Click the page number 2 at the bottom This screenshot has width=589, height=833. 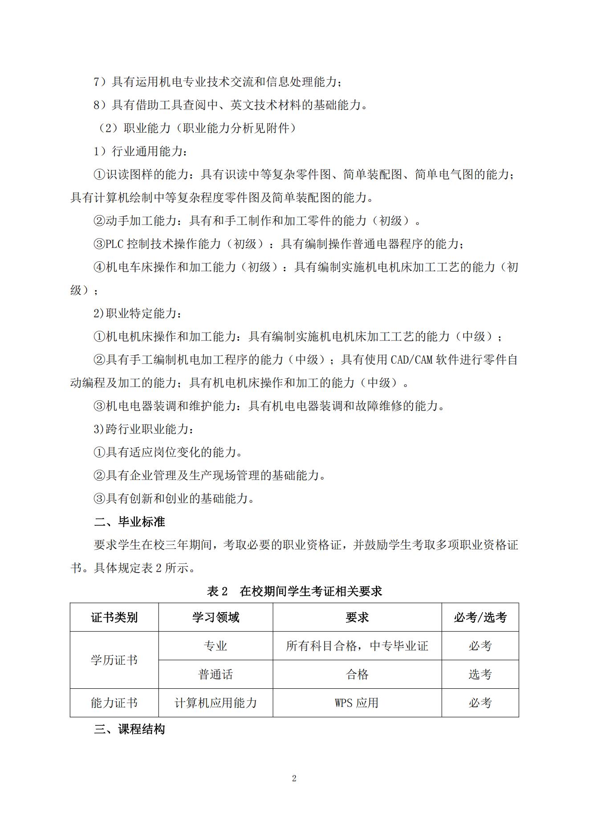click(x=294, y=778)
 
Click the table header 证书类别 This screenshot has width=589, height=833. click(x=114, y=618)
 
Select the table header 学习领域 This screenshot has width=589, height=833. click(x=215, y=618)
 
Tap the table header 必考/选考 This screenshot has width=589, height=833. click(x=480, y=618)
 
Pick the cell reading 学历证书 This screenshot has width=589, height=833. click(x=114, y=660)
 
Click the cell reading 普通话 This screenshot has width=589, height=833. click(x=215, y=675)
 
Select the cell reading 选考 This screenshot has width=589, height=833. click(x=480, y=675)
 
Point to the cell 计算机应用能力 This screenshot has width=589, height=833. click(x=215, y=703)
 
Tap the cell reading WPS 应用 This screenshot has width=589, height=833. click(x=357, y=703)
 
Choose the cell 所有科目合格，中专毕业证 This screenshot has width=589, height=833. click(x=357, y=646)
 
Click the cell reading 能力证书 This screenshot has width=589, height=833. click(x=114, y=703)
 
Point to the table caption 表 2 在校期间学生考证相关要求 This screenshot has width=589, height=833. click(x=294, y=591)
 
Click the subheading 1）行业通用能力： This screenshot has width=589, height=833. click(x=141, y=151)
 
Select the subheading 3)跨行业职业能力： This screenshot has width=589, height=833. click(x=143, y=429)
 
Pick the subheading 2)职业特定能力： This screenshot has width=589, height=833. click(x=138, y=313)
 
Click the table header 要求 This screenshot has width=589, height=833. click(x=357, y=618)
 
